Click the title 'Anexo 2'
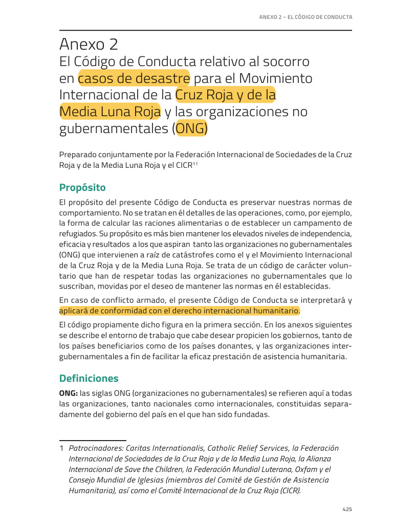(x=89, y=45)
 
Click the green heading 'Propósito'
(x=82, y=187)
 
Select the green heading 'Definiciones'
(x=89, y=379)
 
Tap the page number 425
(x=347, y=509)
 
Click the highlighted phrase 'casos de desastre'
(x=134, y=79)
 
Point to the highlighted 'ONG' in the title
(x=191, y=128)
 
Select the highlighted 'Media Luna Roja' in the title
(x=110, y=112)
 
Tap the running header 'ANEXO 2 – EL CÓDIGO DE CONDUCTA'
(x=305, y=17)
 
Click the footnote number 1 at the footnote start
(x=61, y=448)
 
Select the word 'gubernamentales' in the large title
(x=113, y=128)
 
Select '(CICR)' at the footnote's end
(x=289, y=490)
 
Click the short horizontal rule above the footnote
(x=93, y=440)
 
